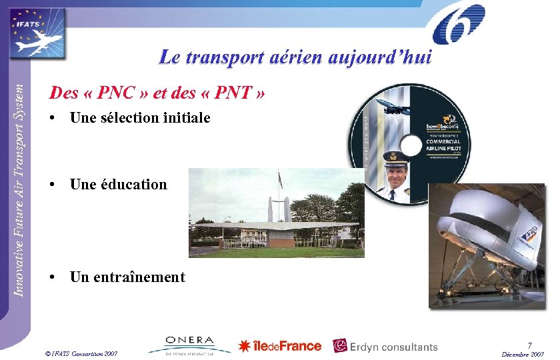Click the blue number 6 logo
(x=459, y=25)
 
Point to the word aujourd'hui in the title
(x=380, y=58)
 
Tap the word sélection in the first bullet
(x=129, y=118)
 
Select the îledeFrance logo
(x=280, y=346)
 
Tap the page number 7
(x=529, y=345)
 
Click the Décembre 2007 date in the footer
(x=523, y=354)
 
